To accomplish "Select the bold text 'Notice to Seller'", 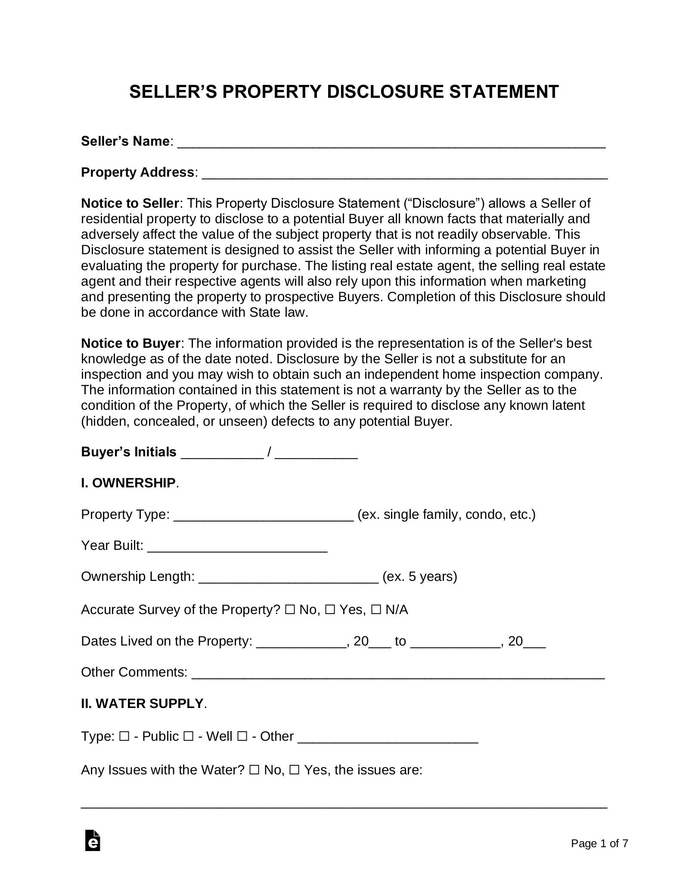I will [x=130, y=203].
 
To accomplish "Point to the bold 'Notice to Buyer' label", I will [x=130, y=343].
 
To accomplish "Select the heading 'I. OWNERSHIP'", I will [x=128, y=483].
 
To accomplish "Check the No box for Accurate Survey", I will [x=289, y=610].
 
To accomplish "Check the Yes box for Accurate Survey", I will [x=330, y=610].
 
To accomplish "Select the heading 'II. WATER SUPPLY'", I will [x=142, y=703].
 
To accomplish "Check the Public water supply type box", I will [x=124, y=736].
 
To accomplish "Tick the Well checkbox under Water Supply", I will [x=188, y=736].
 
